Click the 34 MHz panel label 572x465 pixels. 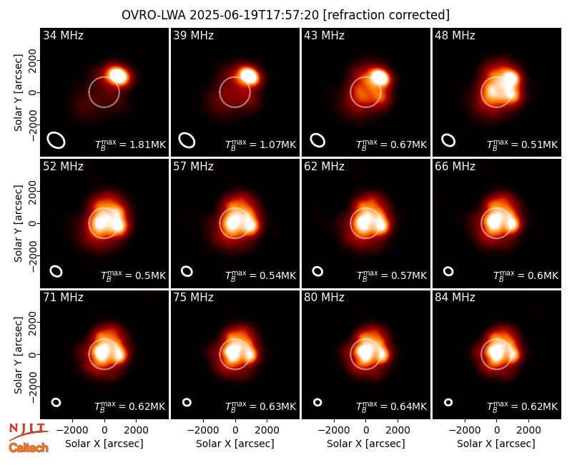point(63,35)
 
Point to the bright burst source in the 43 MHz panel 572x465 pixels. point(380,78)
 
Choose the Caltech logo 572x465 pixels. point(29,448)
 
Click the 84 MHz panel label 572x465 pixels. point(455,298)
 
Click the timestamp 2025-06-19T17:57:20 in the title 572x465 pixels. point(254,15)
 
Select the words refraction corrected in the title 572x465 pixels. point(386,15)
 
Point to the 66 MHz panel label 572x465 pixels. point(455,167)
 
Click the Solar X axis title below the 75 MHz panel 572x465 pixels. point(235,444)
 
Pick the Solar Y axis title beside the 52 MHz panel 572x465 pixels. point(18,224)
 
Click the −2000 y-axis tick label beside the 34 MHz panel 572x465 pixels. point(32,124)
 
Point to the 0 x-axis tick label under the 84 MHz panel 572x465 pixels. point(496,431)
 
